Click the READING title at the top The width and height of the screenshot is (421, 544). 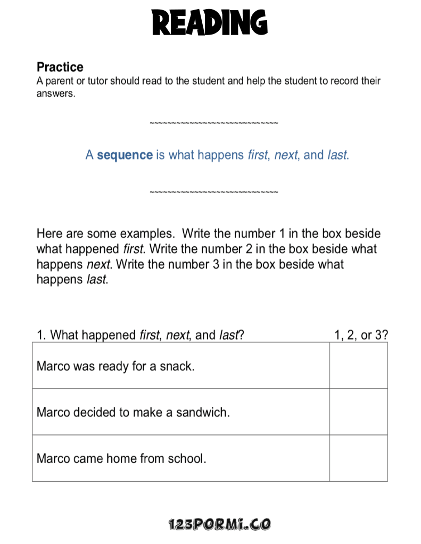210,23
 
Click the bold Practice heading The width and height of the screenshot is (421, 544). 60,67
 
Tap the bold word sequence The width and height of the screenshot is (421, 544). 125,155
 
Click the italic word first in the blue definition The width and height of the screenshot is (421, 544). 259,155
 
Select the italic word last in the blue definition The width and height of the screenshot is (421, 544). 337,155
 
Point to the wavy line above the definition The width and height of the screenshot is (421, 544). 213,123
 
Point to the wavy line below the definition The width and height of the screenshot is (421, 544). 213,191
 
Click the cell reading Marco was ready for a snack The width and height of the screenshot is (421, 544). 115,366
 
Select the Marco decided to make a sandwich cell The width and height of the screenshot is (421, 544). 133,412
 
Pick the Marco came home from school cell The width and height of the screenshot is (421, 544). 121,458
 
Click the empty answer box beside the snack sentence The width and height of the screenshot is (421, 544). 358,366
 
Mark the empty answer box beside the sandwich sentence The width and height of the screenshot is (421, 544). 358,412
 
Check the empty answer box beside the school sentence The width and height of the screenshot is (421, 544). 358,458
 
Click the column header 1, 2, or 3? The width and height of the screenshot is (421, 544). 361,335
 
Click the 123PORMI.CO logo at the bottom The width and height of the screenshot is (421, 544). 219,524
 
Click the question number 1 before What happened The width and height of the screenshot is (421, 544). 40,335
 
